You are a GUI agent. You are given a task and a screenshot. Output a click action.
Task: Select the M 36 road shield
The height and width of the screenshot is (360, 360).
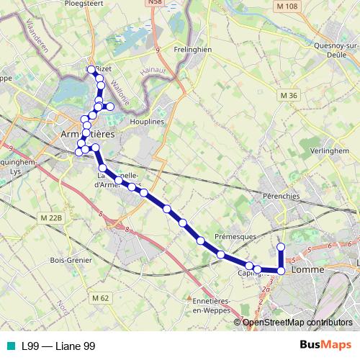point(289,96)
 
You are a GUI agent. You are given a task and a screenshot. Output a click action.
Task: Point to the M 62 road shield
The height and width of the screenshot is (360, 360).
point(100,297)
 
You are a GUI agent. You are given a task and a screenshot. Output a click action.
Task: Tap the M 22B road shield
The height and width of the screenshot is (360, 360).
point(53,217)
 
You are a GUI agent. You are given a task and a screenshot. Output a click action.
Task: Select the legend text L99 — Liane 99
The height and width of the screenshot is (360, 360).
point(58,346)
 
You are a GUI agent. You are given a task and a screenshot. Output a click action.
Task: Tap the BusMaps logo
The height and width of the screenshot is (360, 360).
point(325,346)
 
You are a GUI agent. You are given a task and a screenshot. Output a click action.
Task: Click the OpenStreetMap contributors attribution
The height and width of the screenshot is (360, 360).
point(297,322)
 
